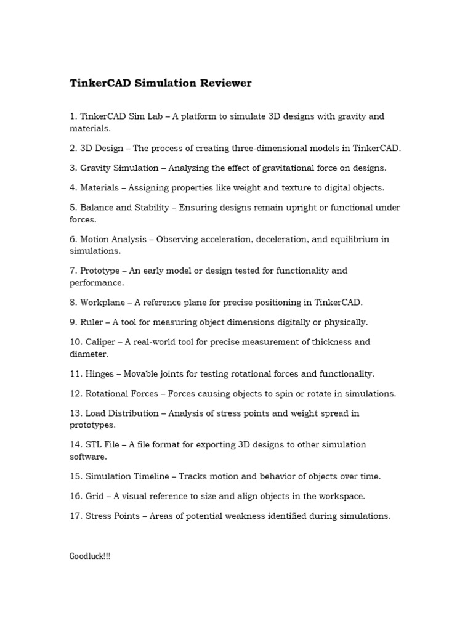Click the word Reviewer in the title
pyautogui.click(x=222, y=83)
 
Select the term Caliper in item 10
pyautogui.click(x=100, y=342)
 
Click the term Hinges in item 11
pyautogui.click(x=100, y=373)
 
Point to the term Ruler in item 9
pyautogui.click(x=92, y=322)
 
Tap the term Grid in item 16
pyautogui.click(x=95, y=496)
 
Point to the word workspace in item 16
pyautogui.click(x=342, y=496)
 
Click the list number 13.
pyautogui.click(x=75, y=413)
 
